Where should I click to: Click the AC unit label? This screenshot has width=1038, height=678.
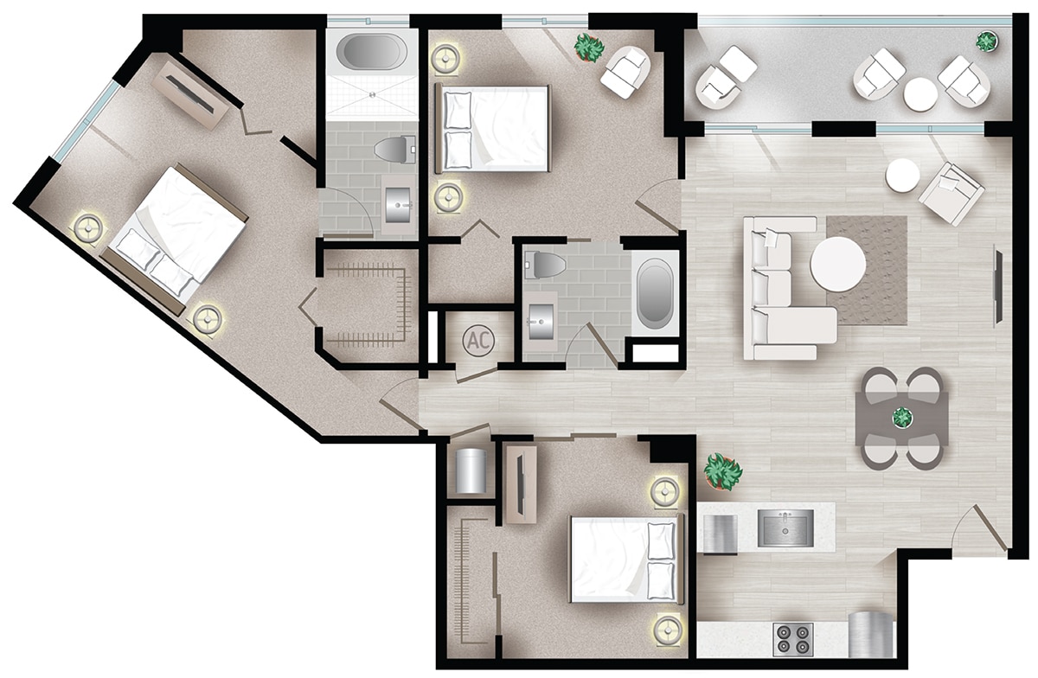477,340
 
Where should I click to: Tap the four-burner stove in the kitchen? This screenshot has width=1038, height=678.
792,639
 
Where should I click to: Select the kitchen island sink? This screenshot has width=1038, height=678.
785,528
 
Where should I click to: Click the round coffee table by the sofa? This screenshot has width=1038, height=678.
837,265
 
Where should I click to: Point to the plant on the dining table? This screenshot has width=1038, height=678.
902,418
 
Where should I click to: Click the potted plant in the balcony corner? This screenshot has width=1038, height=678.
985,40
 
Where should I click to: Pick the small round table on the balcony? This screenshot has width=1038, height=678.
920,93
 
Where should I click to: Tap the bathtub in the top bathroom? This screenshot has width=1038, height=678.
371,52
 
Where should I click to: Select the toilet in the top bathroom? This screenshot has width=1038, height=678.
394,150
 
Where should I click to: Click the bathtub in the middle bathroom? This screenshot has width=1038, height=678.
655,292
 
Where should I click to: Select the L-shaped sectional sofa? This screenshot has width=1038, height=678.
783,290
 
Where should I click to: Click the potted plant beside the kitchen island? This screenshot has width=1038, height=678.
723,472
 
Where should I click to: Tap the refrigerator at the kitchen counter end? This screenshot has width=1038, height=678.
870,635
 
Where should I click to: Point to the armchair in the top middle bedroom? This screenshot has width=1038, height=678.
625,71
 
